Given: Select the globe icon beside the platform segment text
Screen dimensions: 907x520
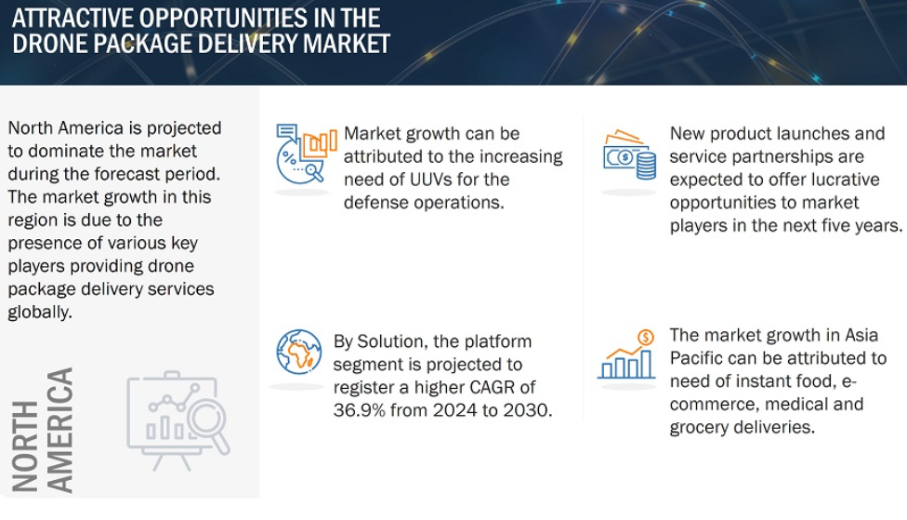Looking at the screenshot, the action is (299, 352).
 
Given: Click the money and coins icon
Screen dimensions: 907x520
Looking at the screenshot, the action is (629, 154).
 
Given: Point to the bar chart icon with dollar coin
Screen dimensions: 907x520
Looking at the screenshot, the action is (626, 353).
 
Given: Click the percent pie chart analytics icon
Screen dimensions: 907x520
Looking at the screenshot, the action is (306, 153).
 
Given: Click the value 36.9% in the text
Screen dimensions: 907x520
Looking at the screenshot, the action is (360, 410).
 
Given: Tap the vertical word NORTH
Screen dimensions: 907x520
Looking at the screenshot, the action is (25, 447).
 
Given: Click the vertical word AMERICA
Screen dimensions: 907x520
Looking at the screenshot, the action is (59, 431).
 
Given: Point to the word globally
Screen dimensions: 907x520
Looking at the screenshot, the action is (40, 313).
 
